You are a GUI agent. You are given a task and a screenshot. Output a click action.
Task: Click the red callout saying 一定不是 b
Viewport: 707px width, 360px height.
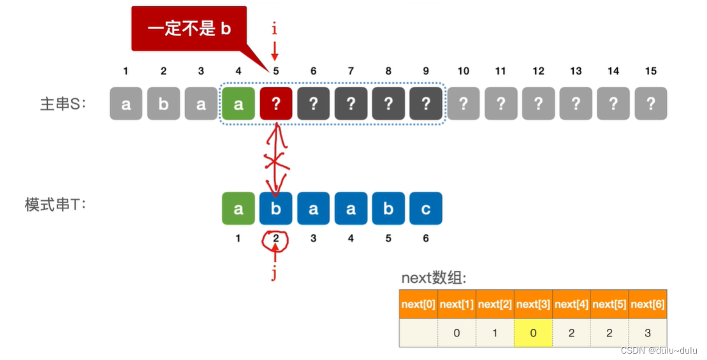(189, 29)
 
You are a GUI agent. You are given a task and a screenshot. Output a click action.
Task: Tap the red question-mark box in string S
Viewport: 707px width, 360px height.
(276, 103)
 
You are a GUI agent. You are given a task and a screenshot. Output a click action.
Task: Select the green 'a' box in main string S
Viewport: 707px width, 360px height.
(238, 103)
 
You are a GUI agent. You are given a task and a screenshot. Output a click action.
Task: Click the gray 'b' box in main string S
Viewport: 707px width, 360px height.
(163, 103)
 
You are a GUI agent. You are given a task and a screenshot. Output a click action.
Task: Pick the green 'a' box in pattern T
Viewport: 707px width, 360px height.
(238, 208)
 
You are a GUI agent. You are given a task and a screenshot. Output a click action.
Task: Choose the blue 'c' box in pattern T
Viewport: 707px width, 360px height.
(426, 208)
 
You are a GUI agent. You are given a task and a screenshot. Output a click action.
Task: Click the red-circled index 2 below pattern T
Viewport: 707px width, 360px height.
(276, 239)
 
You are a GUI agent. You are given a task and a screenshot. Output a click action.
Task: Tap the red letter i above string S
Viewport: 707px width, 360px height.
(275, 29)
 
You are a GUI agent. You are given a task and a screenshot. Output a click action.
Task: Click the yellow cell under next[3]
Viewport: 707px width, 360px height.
(533, 332)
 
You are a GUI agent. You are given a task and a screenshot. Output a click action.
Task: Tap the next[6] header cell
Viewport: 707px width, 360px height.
(648, 305)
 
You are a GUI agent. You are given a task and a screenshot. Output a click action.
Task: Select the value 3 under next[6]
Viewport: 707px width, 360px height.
(648, 332)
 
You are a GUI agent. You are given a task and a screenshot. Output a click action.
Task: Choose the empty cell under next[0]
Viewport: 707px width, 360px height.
(418, 332)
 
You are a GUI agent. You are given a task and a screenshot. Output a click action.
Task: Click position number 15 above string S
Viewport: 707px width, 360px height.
(650, 71)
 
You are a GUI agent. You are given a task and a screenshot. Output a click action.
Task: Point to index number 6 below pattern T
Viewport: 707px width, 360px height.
(426, 238)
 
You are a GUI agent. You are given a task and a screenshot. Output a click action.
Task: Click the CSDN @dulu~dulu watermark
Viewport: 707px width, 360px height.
(660, 351)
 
